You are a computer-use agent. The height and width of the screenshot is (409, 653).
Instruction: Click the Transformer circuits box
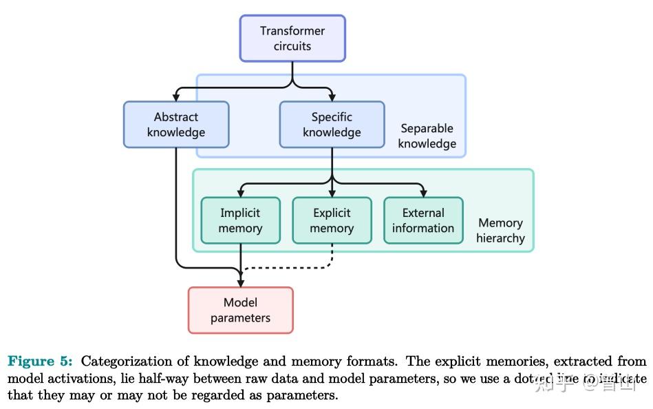click(x=292, y=39)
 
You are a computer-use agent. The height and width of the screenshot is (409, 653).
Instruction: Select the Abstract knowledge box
click(x=176, y=125)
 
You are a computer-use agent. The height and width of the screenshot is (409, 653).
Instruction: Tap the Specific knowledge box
click(x=332, y=125)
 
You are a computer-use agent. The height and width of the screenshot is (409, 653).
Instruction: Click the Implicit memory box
click(x=240, y=220)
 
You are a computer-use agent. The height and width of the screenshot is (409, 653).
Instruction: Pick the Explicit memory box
click(x=332, y=220)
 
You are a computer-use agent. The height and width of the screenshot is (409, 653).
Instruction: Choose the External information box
click(x=423, y=220)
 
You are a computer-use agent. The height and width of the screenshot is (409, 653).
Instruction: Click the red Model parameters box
click(x=240, y=311)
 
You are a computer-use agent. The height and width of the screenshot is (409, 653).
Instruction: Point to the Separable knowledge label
click(x=427, y=136)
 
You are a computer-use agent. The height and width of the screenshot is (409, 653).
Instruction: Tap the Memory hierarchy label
click(x=500, y=231)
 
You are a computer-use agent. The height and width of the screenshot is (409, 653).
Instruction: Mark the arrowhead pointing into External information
click(x=423, y=193)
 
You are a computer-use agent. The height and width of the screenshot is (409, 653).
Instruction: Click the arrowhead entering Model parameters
click(x=240, y=282)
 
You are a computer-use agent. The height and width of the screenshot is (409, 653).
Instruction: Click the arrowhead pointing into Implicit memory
click(x=240, y=193)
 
